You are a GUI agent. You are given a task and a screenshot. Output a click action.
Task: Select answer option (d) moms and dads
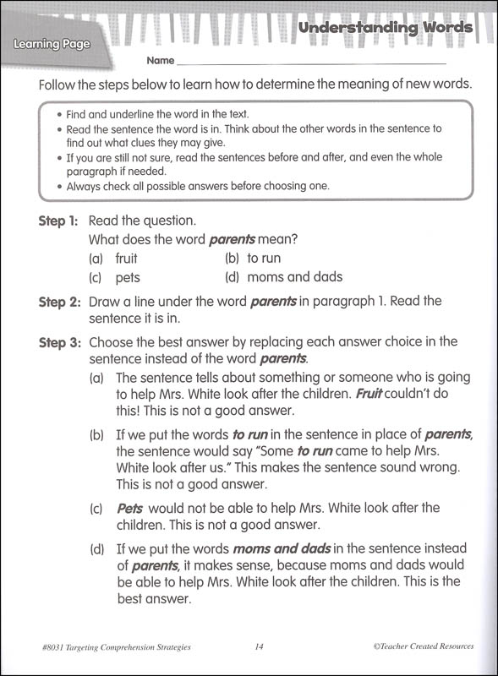point(282,277)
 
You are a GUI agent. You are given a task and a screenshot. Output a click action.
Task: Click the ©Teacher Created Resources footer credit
point(423,646)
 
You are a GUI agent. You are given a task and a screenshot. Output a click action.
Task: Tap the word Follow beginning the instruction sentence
point(57,85)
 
